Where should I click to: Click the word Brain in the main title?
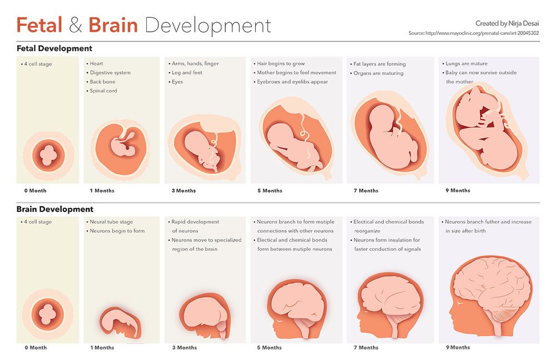click(113, 24)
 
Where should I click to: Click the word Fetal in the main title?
click(39, 24)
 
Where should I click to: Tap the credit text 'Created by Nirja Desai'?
click(507, 23)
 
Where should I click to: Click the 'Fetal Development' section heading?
click(54, 48)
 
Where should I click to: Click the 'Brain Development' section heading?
click(54, 209)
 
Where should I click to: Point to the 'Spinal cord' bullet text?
click(103, 91)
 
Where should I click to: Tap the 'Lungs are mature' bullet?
click(466, 63)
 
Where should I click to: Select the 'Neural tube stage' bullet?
click(111, 221)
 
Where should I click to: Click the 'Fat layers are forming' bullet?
click(380, 64)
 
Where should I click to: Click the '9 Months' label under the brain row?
click(458, 347)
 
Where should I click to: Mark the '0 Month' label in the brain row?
click(36, 348)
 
